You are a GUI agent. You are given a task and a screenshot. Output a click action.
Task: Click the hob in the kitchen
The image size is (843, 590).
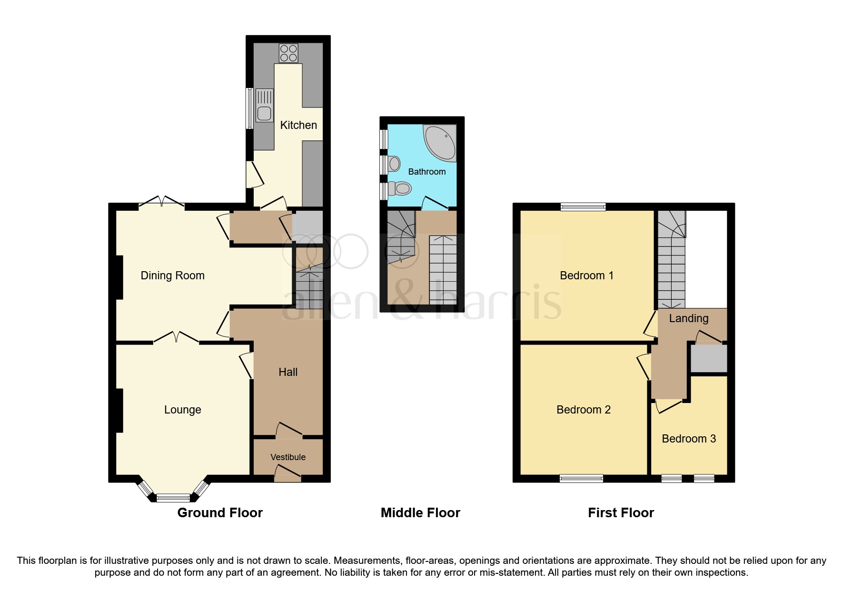[x=288, y=53]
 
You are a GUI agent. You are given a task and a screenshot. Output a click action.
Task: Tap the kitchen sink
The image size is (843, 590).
[x=264, y=106]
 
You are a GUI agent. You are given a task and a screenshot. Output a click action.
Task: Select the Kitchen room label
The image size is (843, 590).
[x=298, y=125]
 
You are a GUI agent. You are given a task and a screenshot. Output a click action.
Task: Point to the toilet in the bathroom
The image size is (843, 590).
[x=400, y=189]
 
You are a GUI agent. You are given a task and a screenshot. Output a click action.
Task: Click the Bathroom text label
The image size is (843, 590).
[x=427, y=172]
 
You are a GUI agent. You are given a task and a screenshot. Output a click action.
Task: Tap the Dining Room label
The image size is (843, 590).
[x=172, y=275]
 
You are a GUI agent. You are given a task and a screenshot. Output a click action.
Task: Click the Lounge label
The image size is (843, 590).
[x=182, y=410]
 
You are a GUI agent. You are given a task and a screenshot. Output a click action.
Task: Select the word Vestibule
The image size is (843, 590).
[x=288, y=457]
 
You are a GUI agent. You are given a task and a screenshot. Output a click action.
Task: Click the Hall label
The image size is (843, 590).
[x=288, y=372]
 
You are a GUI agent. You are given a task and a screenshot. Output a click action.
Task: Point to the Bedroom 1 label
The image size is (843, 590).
[x=586, y=275]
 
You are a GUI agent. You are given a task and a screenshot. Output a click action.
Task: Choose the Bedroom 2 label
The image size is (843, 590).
[x=584, y=410]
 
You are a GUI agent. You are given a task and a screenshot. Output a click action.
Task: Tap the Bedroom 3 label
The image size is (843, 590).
[x=689, y=439]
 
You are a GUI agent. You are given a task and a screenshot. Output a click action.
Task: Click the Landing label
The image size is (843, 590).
[x=689, y=318]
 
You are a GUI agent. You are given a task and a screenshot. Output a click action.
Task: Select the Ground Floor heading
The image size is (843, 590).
[x=220, y=513]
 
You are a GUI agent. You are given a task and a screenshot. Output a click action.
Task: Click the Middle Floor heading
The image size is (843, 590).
[x=420, y=513]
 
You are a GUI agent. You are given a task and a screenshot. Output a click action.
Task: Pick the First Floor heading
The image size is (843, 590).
[x=621, y=513]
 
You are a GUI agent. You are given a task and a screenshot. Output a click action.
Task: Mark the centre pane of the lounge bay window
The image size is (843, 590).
[x=173, y=498]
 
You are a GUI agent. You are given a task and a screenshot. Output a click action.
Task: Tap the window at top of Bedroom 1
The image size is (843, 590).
[x=583, y=206]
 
